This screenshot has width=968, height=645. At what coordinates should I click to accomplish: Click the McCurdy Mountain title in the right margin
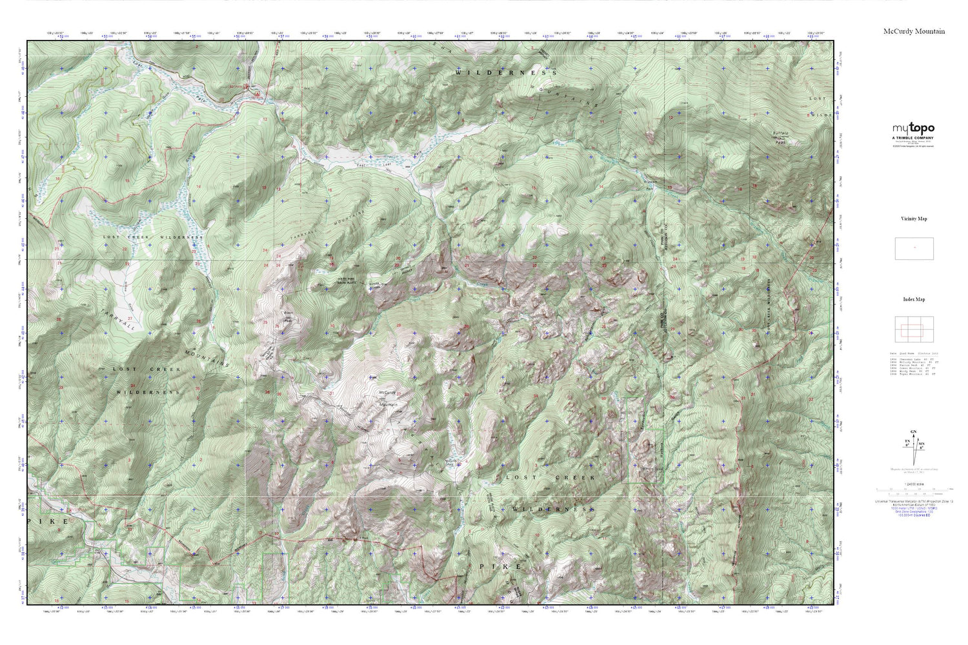point(914,32)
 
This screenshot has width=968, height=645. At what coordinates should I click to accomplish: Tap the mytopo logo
point(913,128)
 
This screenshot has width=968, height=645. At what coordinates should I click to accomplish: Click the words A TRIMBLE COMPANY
point(913,138)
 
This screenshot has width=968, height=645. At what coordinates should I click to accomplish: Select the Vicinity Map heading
point(914,219)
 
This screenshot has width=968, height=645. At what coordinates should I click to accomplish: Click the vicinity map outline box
point(914,248)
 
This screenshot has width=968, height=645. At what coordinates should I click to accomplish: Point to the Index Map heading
point(914,299)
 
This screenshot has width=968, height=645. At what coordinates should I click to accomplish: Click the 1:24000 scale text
point(914,483)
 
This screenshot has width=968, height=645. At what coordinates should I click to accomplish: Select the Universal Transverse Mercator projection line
point(914,501)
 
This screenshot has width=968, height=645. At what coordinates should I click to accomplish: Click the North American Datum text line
point(914,505)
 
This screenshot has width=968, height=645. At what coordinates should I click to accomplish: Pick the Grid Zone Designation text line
point(914,512)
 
